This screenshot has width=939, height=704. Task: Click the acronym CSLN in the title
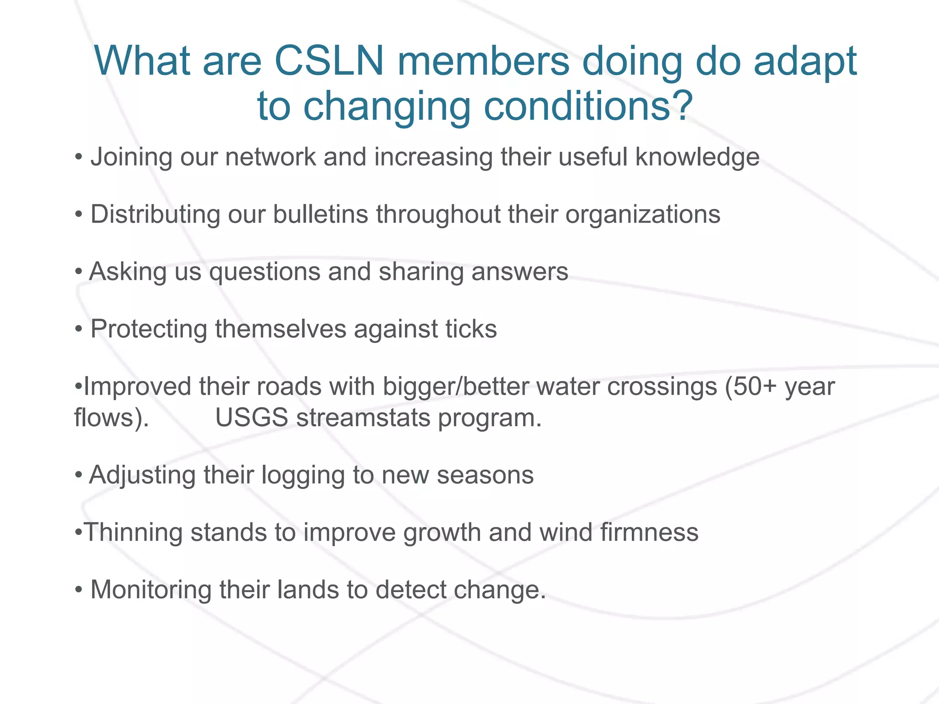(329, 61)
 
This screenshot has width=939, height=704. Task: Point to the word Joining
(131, 158)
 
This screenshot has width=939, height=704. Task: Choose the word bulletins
(320, 214)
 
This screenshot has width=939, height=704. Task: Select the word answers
(519, 272)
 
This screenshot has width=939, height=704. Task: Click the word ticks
(471, 329)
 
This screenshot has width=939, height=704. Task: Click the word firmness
(649, 533)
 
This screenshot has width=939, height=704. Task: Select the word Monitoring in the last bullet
(150, 590)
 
